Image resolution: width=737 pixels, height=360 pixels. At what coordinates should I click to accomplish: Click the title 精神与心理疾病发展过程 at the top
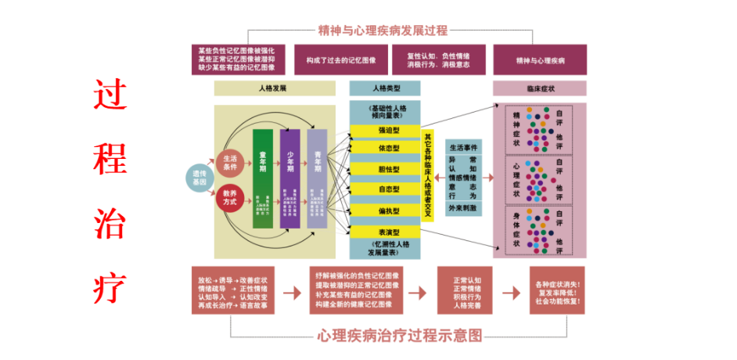[383, 31]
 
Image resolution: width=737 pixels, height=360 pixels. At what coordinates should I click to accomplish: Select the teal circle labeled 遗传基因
[200, 178]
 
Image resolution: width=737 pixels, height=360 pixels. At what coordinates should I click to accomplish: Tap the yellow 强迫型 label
[385, 131]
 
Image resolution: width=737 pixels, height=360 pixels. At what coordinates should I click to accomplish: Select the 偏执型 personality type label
[385, 211]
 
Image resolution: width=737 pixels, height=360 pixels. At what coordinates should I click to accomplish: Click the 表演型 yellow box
[385, 232]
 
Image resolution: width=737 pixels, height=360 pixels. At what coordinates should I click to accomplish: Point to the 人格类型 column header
[385, 88]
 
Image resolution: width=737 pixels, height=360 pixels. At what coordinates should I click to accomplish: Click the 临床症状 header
[539, 88]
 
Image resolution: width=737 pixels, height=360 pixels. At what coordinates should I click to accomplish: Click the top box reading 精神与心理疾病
[540, 60]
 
